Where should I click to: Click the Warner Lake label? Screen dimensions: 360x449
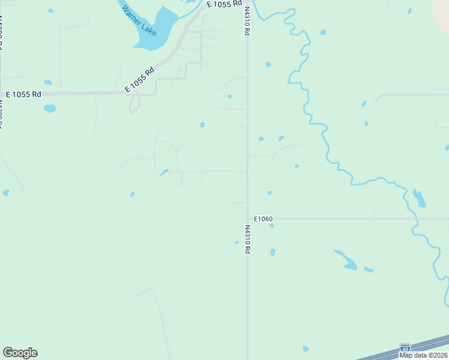tap(139, 20)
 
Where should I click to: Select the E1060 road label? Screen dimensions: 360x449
tap(264, 219)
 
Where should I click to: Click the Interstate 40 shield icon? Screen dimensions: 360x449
tap(405, 348)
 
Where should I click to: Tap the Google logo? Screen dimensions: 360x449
tap(20, 353)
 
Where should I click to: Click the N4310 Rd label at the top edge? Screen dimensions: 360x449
tap(247, 21)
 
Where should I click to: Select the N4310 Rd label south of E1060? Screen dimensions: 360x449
tap(247, 239)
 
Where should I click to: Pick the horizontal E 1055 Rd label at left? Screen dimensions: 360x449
tap(23, 95)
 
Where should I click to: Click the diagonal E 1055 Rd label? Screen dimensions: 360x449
tap(139, 79)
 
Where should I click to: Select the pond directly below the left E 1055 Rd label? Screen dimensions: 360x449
tap(50, 109)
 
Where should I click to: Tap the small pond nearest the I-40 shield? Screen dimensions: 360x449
tap(306, 348)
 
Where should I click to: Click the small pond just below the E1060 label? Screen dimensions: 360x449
tap(272, 226)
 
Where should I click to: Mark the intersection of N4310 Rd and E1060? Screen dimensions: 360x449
tap(247, 218)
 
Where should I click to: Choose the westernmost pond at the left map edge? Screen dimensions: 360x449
tap(6, 193)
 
